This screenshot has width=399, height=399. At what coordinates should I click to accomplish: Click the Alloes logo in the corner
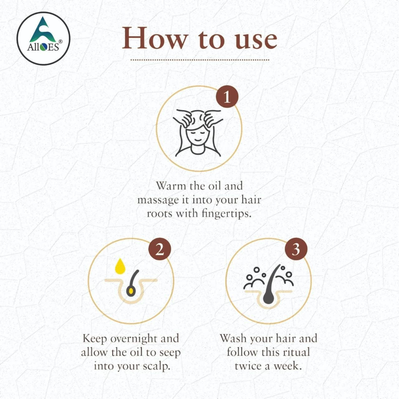click(43, 38)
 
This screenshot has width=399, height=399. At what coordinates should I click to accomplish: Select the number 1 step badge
click(227, 97)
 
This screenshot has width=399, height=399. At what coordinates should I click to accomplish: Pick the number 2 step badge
click(159, 249)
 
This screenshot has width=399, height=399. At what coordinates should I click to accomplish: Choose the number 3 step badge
click(296, 249)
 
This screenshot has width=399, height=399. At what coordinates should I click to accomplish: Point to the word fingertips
click(226, 214)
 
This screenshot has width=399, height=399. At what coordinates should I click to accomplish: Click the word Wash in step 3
click(233, 339)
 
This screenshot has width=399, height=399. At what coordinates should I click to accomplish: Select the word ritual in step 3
click(295, 352)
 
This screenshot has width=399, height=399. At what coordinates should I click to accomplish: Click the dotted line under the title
click(199, 60)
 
